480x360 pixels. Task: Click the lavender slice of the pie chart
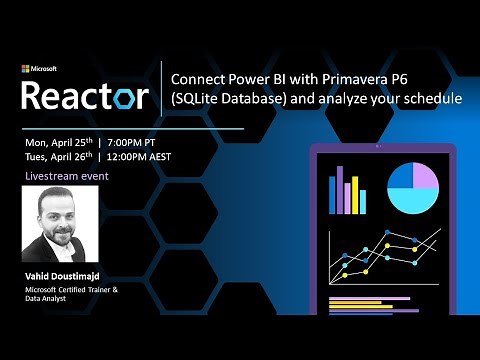click(x=423, y=177)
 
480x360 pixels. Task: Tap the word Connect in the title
click(x=194, y=79)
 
